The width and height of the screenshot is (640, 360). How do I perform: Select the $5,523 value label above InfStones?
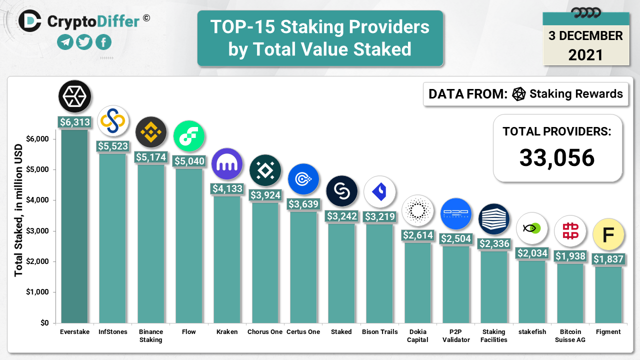(x=112, y=146)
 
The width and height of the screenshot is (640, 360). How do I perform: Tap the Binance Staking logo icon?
(x=151, y=132)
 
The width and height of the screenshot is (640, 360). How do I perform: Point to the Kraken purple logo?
(x=227, y=164)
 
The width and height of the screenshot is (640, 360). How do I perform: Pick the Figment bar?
(x=608, y=294)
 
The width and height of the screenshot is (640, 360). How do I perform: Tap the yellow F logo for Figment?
(x=608, y=234)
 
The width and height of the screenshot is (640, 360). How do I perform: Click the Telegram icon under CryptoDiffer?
(x=65, y=42)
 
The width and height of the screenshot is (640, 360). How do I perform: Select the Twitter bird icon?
(x=84, y=42)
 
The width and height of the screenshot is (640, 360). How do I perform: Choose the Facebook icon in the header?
(x=103, y=42)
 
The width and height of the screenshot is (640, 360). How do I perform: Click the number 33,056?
(x=557, y=158)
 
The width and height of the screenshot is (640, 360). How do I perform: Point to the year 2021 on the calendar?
(x=585, y=54)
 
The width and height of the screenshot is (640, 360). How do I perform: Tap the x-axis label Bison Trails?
(x=380, y=331)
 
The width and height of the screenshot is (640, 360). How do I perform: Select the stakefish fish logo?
(x=532, y=228)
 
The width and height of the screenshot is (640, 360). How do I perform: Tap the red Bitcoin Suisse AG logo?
(x=570, y=231)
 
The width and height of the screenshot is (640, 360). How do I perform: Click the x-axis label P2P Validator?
(x=456, y=335)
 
